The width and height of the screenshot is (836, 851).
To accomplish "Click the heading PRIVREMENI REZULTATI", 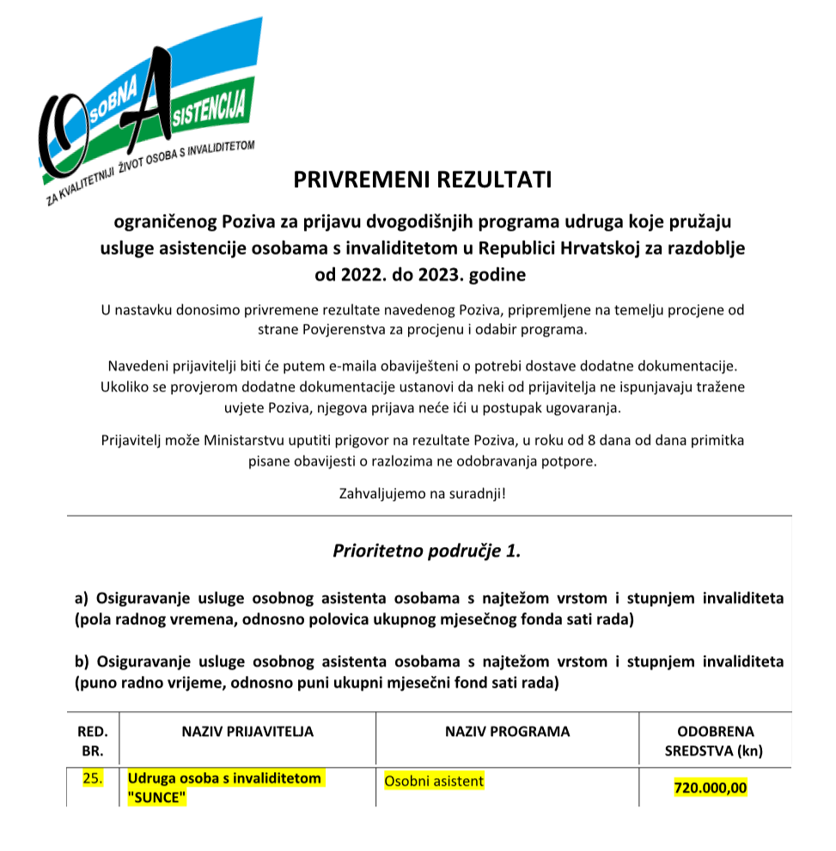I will (x=422, y=180).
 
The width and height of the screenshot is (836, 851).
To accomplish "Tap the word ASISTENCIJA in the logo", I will (x=210, y=113).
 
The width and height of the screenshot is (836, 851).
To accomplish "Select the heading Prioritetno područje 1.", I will (x=427, y=550).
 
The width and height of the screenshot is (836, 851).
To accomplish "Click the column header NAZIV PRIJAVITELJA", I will (x=247, y=732).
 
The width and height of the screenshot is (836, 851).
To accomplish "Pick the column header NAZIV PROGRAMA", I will (x=507, y=732).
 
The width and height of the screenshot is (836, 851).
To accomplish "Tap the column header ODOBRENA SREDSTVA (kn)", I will (x=716, y=741).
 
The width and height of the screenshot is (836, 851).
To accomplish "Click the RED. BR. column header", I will (x=92, y=741).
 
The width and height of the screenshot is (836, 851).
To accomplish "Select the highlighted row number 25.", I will (x=92, y=779).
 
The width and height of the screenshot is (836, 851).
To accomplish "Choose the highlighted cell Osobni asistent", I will (x=434, y=781).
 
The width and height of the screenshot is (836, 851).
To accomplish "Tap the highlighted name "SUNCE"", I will (x=157, y=797).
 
